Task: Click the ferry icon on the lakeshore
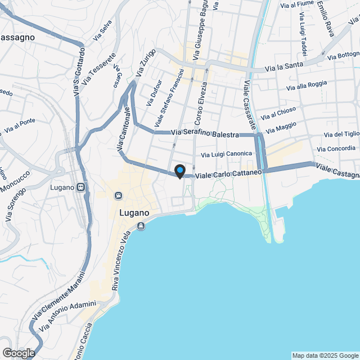(140, 226)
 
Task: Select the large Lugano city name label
(134, 213)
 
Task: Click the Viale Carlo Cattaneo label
(228, 175)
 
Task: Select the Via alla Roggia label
(307, 85)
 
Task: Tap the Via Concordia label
(336, 148)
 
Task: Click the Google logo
(18, 353)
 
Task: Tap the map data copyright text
(325, 355)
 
